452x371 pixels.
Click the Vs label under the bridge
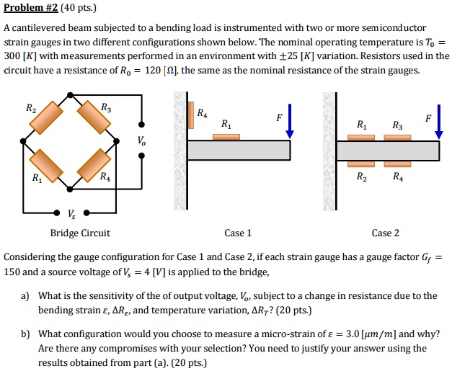[70, 213]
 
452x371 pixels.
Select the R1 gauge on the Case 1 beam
[226, 137]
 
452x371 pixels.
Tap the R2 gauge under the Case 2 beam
[361, 164]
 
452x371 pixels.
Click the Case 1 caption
[238, 233]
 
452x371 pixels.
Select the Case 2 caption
[385, 233]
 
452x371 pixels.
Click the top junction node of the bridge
[70, 94]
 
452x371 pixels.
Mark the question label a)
[25, 296]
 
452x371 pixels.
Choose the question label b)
[25, 334]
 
